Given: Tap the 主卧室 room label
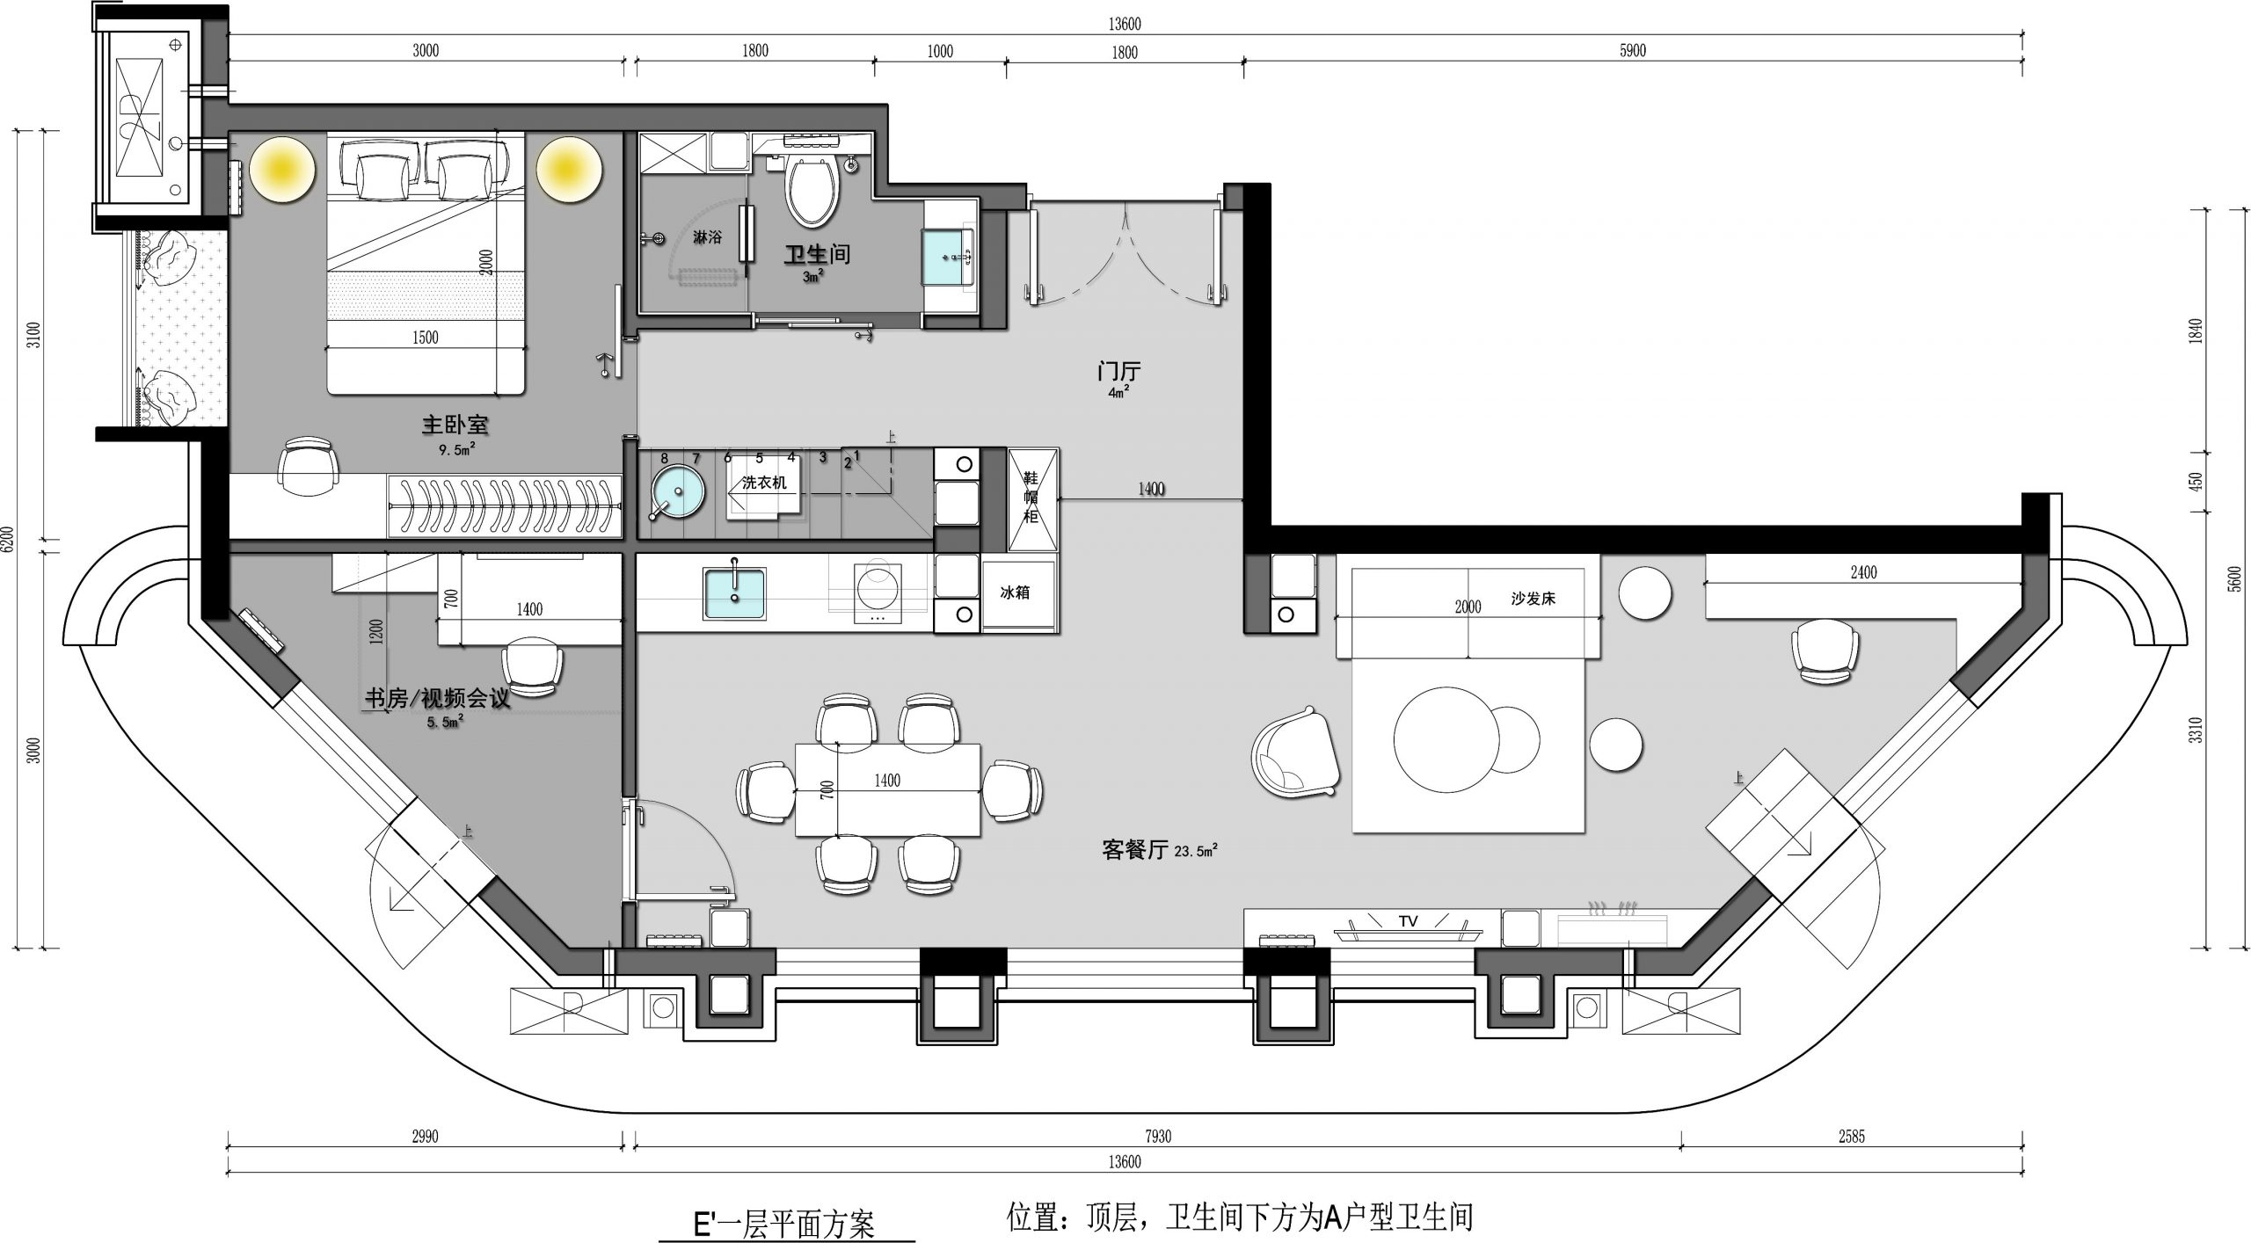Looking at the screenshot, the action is tap(455, 425).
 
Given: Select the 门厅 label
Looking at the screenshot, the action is tap(1118, 372).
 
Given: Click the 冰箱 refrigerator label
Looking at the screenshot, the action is tap(1015, 592).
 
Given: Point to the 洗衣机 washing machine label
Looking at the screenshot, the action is tap(764, 483).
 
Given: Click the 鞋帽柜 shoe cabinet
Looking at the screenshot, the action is tap(1031, 499).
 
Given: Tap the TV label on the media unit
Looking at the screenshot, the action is tap(1408, 921).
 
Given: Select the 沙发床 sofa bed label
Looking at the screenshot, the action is tap(1533, 599).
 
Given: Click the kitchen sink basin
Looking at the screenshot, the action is tap(734, 593).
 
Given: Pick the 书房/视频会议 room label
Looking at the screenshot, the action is tap(438, 699).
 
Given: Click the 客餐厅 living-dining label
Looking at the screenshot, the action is tap(1135, 849).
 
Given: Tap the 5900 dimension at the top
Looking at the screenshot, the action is tap(1633, 51).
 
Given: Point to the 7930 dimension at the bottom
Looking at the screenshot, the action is tap(1158, 1137).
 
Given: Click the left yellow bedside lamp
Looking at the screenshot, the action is tap(282, 170).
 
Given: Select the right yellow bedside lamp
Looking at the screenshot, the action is tap(570, 170).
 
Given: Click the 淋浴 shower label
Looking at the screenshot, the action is tap(707, 237).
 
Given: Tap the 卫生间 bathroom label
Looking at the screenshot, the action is tap(818, 255).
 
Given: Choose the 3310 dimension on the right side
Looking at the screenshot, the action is tap(2196, 731).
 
